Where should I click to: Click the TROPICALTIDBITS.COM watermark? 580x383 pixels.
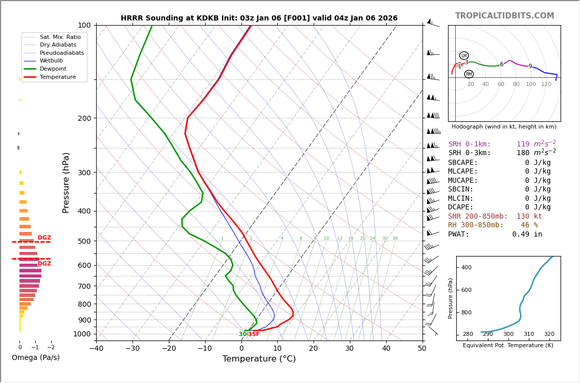click(x=504, y=16)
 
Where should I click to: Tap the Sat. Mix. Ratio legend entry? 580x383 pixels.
click(x=60, y=37)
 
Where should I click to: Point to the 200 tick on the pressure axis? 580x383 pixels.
click(x=84, y=118)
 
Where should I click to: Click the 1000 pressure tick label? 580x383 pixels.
click(x=82, y=334)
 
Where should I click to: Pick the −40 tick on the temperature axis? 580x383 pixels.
click(x=96, y=349)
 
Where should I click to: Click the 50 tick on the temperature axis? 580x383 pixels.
click(x=422, y=349)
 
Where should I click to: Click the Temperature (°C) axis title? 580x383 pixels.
click(x=259, y=359)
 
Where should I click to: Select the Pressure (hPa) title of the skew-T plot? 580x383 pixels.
click(x=66, y=182)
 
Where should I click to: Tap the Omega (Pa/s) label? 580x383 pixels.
click(x=35, y=357)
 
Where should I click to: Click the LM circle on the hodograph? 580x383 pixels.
click(x=464, y=56)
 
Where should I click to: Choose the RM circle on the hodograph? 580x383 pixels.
click(x=469, y=74)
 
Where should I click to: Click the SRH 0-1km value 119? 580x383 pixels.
click(x=523, y=144)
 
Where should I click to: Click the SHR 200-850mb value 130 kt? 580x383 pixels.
click(x=529, y=216)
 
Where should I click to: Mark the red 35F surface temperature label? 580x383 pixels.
click(x=254, y=334)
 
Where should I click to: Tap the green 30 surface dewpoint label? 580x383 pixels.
click(x=243, y=334)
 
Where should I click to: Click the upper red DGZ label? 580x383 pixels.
click(x=44, y=238)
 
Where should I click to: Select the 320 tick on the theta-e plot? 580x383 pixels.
click(x=549, y=334)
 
